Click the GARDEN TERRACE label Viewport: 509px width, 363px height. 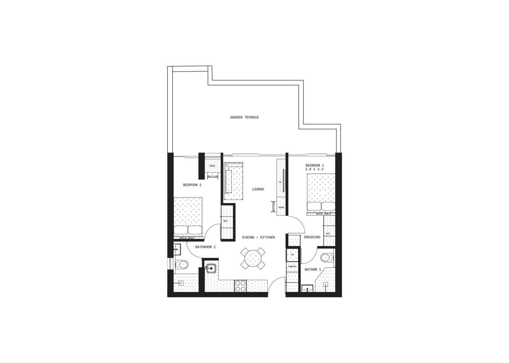click(x=244, y=117)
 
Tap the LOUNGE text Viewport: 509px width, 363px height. click(x=258, y=189)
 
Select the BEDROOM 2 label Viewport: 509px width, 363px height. click(x=192, y=185)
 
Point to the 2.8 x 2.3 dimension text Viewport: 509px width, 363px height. click(x=314, y=169)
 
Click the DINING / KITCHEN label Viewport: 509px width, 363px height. click(x=258, y=237)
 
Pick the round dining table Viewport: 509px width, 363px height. click(x=253, y=258)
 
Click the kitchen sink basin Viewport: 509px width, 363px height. click(x=211, y=268)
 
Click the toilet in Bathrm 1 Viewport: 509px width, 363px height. click(x=327, y=258)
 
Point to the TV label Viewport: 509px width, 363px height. click(x=280, y=182)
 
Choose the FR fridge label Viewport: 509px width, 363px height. click(x=292, y=255)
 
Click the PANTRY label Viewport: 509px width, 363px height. click(x=292, y=267)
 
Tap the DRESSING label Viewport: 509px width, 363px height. click(x=312, y=237)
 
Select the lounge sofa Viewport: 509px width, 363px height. click(x=234, y=181)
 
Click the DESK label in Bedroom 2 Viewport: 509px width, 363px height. click(x=212, y=166)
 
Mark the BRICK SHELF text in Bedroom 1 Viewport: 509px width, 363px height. click(x=323, y=214)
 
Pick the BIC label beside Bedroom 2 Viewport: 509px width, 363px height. click(x=226, y=221)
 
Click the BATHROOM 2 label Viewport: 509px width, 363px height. click(x=205, y=247)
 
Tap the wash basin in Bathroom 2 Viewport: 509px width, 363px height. click(x=177, y=250)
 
